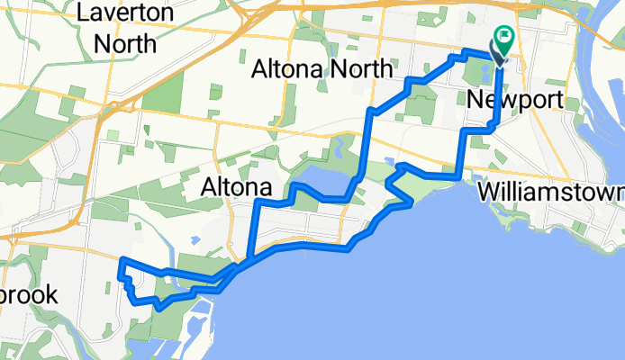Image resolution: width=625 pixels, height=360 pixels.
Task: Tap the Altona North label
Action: point(323,69)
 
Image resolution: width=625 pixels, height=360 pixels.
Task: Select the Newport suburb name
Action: point(516,99)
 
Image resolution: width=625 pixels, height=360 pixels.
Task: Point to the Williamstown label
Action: point(551,193)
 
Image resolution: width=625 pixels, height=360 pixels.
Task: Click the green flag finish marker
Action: point(503,41)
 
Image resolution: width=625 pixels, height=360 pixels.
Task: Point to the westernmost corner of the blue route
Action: point(121,261)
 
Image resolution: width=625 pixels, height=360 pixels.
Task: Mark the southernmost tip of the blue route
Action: point(158,307)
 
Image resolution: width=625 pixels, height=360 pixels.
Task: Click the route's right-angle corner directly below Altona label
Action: point(257,203)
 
